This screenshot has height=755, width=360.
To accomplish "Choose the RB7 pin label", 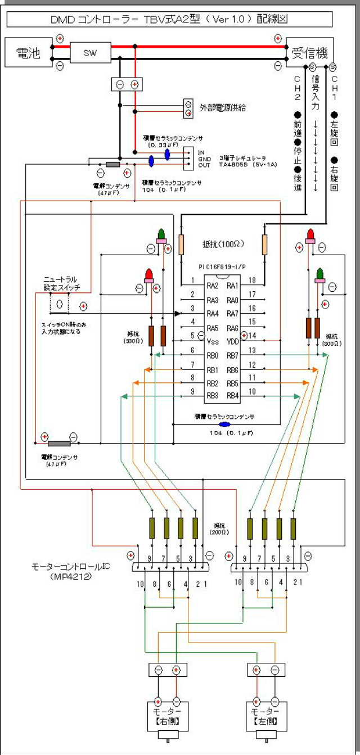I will tap(233, 355).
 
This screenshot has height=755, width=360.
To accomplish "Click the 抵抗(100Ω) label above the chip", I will tap(223, 245).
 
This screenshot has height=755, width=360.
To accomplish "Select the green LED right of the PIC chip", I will tap(319, 274).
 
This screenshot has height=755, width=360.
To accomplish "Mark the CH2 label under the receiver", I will tap(298, 87).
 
